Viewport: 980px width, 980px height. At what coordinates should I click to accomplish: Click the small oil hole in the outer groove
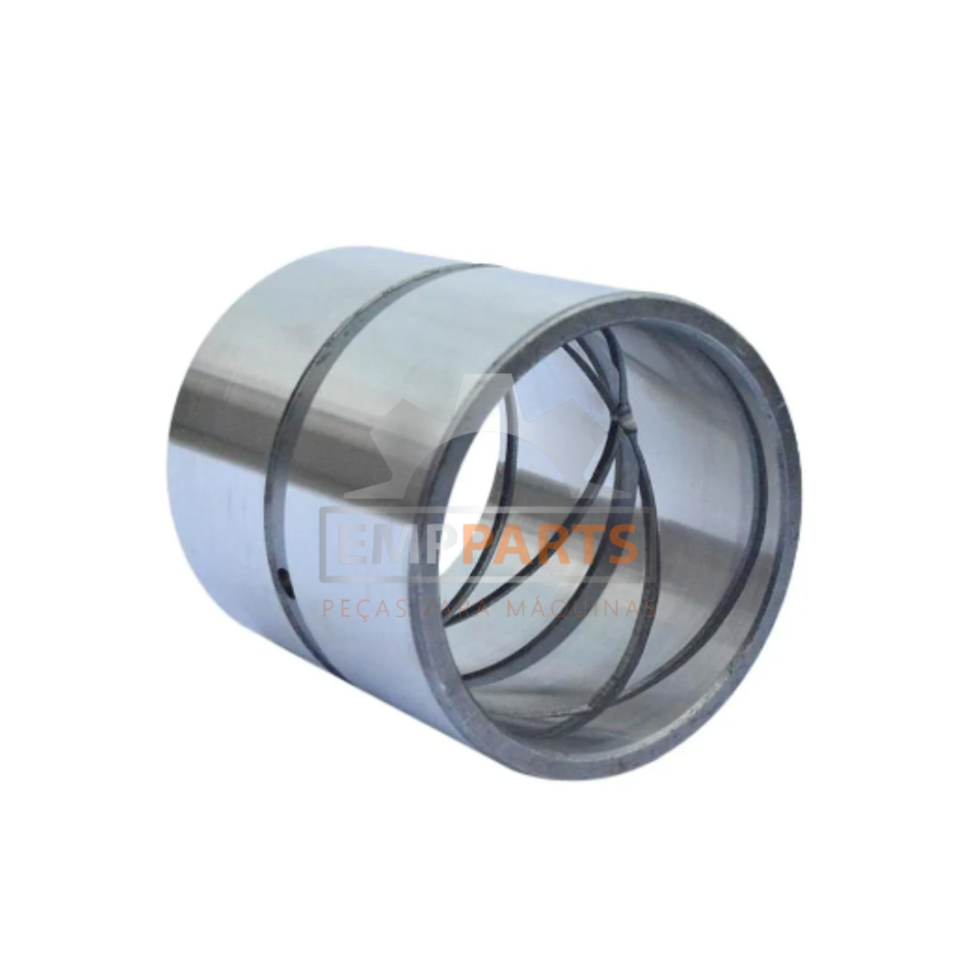point(285,575)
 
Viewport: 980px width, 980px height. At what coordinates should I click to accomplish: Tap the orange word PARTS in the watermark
point(550,544)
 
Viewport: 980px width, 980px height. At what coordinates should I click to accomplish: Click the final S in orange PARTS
point(621,544)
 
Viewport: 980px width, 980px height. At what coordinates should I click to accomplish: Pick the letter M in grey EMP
point(397,544)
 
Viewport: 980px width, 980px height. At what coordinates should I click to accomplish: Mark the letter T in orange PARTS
point(584,544)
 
